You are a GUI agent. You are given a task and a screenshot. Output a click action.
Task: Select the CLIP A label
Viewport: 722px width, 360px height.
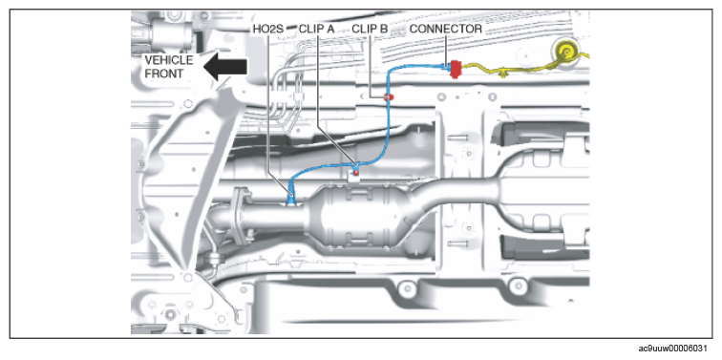[x=317, y=29]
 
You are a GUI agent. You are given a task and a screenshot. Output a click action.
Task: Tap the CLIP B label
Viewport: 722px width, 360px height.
[x=371, y=29]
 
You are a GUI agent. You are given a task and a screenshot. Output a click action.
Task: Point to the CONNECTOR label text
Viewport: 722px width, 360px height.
[x=446, y=29]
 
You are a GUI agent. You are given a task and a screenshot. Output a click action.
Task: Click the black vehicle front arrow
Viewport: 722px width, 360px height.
[x=225, y=67]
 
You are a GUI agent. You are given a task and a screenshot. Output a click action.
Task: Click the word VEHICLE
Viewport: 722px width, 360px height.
[x=169, y=60]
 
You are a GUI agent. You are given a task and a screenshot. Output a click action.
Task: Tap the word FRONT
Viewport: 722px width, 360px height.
[x=163, y=74]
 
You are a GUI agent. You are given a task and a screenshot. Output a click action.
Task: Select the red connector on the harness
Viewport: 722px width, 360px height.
[x=456, y=69]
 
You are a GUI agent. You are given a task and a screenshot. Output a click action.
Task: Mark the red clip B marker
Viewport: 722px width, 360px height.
[x=389, y=96]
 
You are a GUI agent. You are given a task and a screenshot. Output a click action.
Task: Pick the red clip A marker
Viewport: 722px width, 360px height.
[x=355, y=172]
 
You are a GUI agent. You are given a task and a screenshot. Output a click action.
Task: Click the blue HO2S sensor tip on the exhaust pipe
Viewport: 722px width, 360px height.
[x=291, y=200]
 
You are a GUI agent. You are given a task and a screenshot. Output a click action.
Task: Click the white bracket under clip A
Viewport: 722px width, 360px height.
[x=353, y=177]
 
